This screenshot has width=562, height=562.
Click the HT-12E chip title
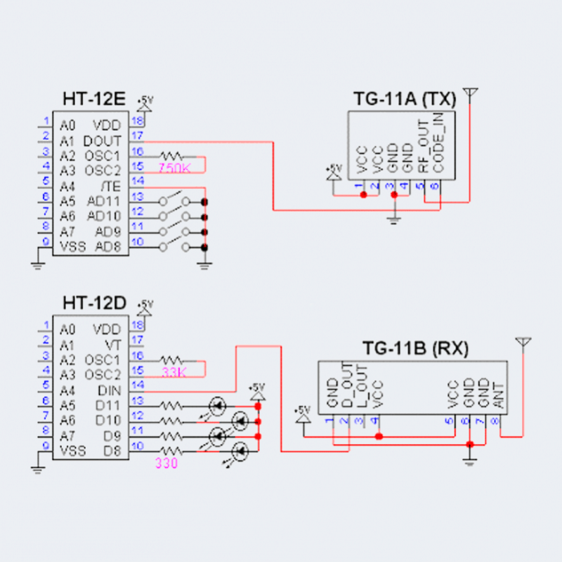click(x=93, y=100)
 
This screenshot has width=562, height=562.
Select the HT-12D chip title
click(x=93, y=303)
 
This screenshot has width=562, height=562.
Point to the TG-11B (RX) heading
click(x=416, y=348)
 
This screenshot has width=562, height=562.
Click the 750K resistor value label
click(x=174, y=169)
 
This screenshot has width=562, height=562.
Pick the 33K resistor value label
click(x=174, y=373)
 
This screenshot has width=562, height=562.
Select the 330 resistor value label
click(x=166, y=464)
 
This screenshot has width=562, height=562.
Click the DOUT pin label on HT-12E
click(x=107, y=141)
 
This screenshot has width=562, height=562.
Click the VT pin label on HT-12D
click(x=114, y=345)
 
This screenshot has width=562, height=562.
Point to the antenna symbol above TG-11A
click(x=471, y=95)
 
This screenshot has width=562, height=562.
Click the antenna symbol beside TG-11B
click(x=522, y=344)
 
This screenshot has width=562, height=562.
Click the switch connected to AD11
click(x=175, y=200)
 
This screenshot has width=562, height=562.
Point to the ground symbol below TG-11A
click(x=394, y=219)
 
